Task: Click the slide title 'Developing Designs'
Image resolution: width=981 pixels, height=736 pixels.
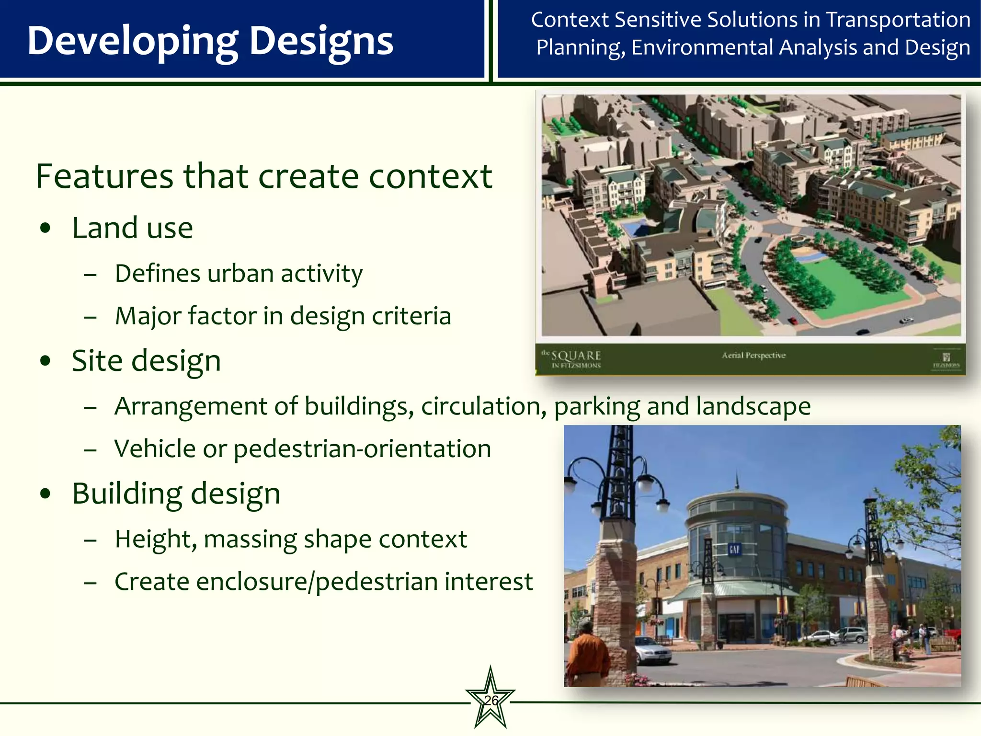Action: pyautogui.click(x=210, y=41)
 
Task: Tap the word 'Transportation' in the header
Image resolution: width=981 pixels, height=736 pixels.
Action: pyautogui.click(x=898, y=20)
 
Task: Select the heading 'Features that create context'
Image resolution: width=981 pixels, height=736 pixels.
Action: pyautogui.click(x=264, y=176)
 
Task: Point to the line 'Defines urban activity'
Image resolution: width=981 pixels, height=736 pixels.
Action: pyautogui.click(x=239, y=274)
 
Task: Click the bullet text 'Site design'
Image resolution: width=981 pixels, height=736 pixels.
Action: pyautogui.click(x=146, y=361)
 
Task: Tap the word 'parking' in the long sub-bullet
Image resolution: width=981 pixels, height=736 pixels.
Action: pyautogui.click(x=597, y=406)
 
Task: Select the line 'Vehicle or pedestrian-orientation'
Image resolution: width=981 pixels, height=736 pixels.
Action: pyautogui.click(x=302, y=449)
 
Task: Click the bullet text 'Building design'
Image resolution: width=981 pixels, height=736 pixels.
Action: pyautogui.click(x=176, y=494)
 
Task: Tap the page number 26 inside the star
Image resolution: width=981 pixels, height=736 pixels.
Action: pyautogui.click(x=490, y=701)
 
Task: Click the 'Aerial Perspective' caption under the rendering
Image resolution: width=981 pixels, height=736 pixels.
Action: pyautogui.click(x=753, y=355)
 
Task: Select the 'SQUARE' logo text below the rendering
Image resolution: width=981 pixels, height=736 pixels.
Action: pyautogui.click(x=576, y=356)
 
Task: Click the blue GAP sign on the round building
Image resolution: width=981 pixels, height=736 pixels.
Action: pyautogui.click(x=734, y=549)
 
